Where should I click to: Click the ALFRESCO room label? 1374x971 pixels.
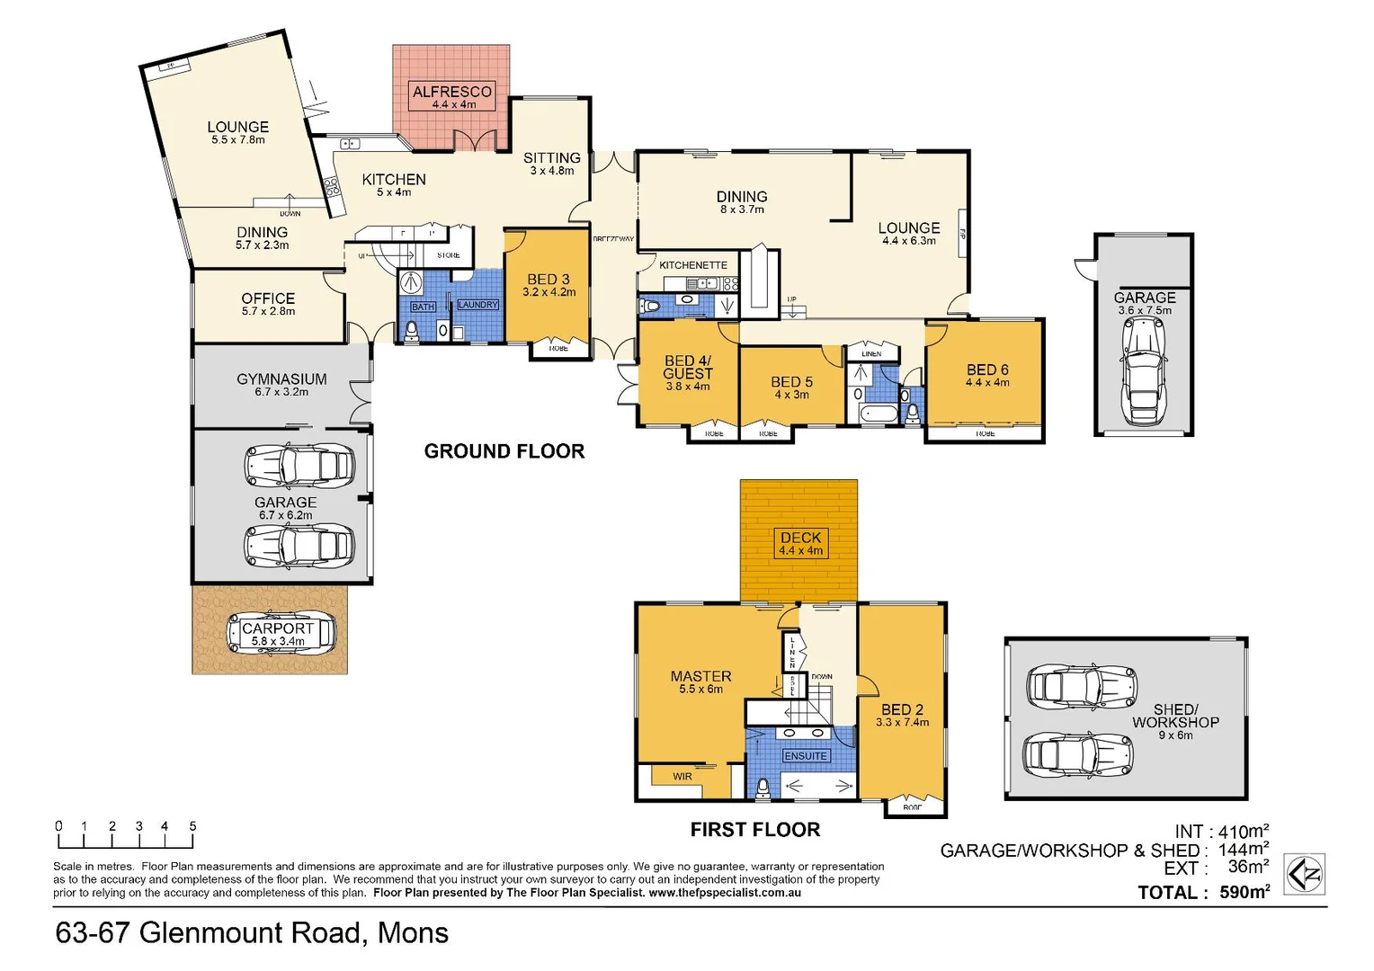(x=452, y=92)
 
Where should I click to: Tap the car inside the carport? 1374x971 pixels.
(x=281, y=634)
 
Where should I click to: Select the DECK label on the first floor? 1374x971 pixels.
(x=800, y=538)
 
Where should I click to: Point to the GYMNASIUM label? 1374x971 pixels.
(x=281, y=379)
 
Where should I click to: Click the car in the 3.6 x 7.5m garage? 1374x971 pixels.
(x=1144, y=370)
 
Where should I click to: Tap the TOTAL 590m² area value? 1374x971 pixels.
(x=1245, y=893)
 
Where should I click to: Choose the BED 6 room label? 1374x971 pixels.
(x=987, y=370)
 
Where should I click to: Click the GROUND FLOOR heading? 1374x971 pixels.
(x=504, y=451)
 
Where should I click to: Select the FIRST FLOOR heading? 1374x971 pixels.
(x=754, y=830)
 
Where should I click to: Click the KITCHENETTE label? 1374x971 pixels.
(x=692, y=265)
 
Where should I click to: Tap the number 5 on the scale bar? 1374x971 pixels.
(x=192, y=826)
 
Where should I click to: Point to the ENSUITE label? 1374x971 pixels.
(x=805, y=756)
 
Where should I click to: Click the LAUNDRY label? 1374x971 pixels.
(x=477, y=305)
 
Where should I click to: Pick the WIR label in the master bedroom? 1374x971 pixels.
(x=683, y=777)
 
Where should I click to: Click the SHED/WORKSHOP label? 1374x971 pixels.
(x=1175, y=716)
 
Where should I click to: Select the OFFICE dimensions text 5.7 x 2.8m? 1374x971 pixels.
(x=268, y=312)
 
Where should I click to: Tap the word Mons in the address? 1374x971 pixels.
(x=413, y=933)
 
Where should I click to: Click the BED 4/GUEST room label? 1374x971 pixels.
(x=688, y=367)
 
